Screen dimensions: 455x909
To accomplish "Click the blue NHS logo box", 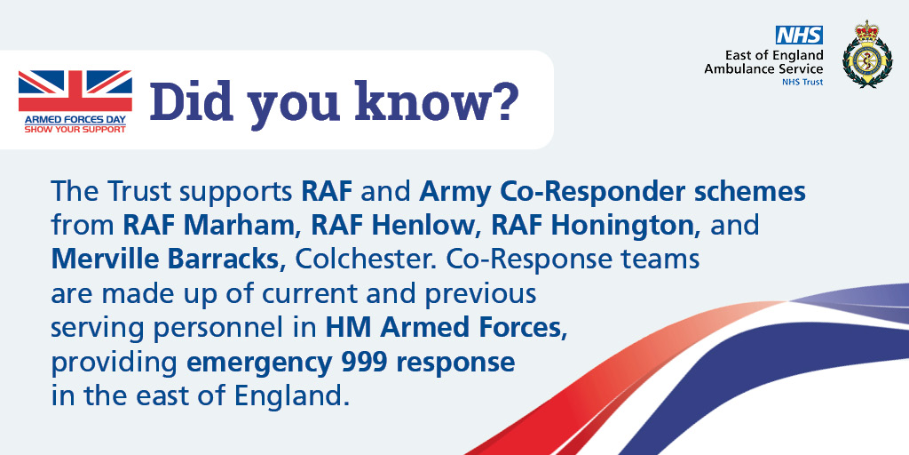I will tap(800, 35).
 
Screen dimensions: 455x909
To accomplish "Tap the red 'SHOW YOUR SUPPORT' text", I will tap(75, 128).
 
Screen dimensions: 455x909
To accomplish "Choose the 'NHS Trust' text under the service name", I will tap(802, 82).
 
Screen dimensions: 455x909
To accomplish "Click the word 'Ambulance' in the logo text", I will tap(739, 68).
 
